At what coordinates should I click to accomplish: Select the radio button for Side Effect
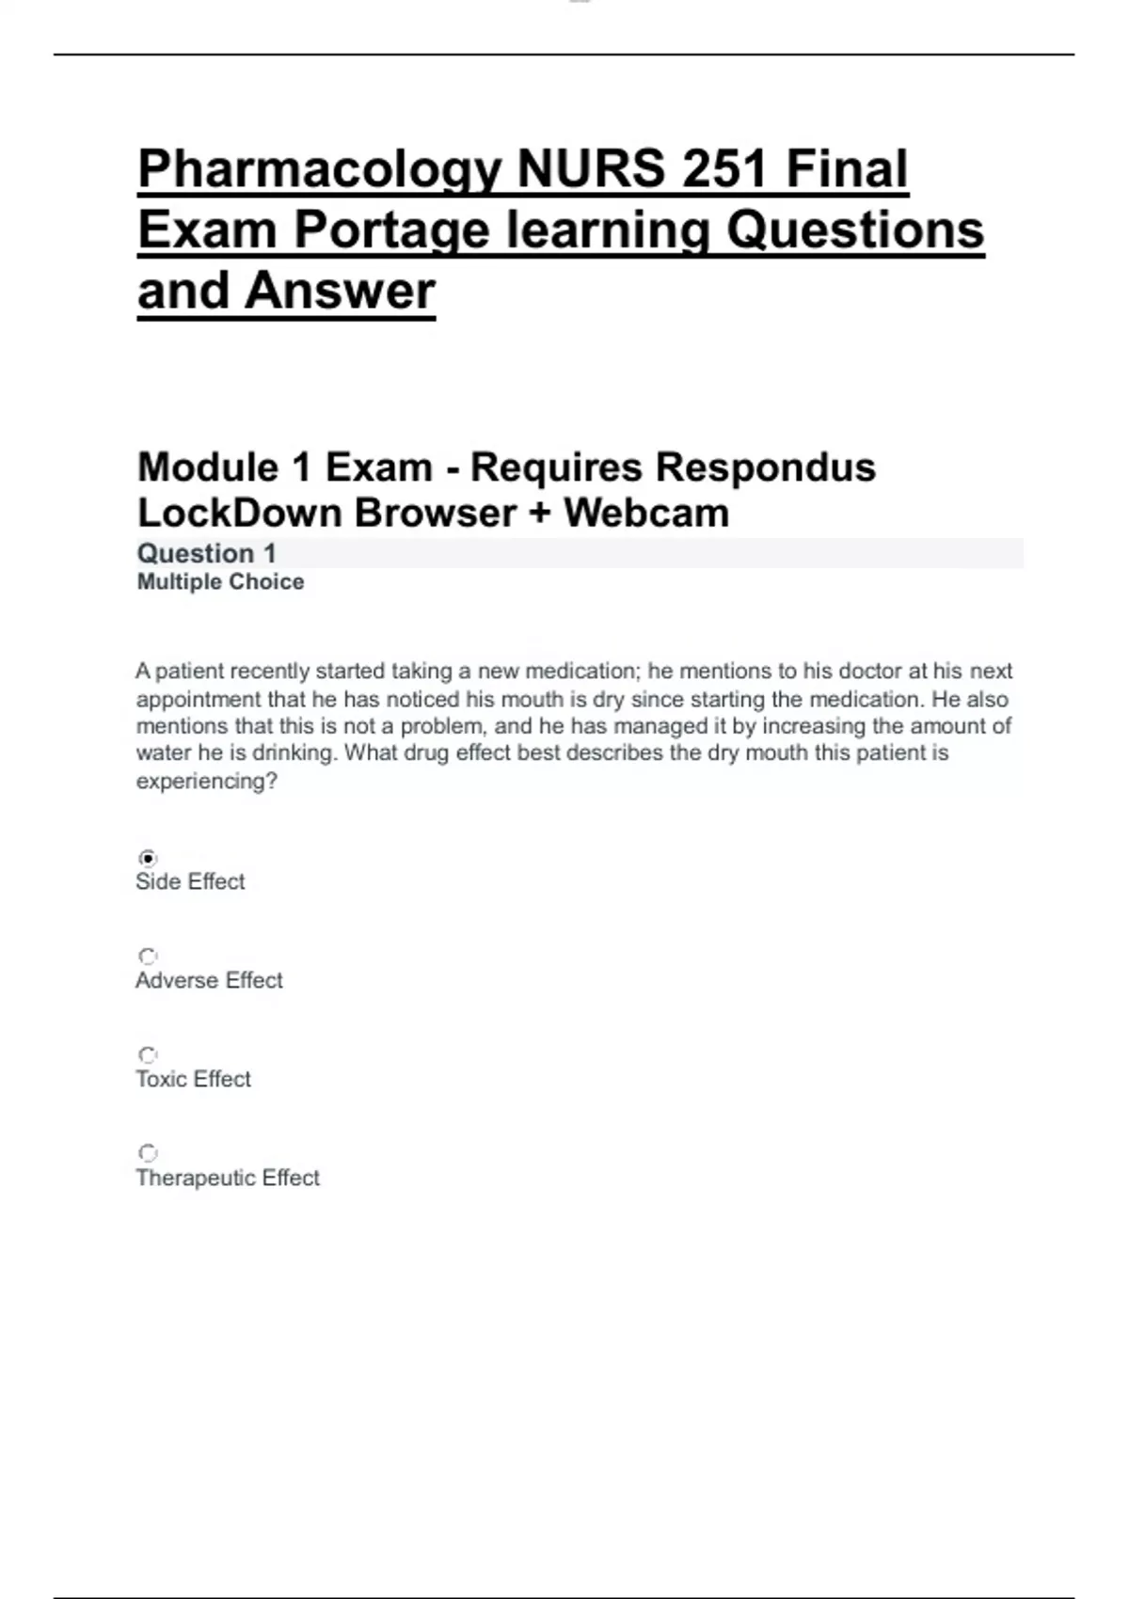148,858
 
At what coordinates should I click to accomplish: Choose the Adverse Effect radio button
148,957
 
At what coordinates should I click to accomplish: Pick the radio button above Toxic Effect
148,1055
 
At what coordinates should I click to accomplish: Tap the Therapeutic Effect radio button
148,1153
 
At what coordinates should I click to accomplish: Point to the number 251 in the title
724,170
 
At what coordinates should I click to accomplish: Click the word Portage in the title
391,230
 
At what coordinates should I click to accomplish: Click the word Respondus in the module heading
766,467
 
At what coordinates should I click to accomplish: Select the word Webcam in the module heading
646,514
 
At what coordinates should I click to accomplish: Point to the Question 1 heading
206,553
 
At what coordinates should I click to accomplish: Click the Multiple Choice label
220,582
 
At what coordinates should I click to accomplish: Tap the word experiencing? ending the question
206,781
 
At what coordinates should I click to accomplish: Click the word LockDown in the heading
239,514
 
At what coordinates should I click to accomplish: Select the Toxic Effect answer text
193,1079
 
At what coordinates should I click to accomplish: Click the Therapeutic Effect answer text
228,1178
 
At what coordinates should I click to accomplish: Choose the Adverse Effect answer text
209,980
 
